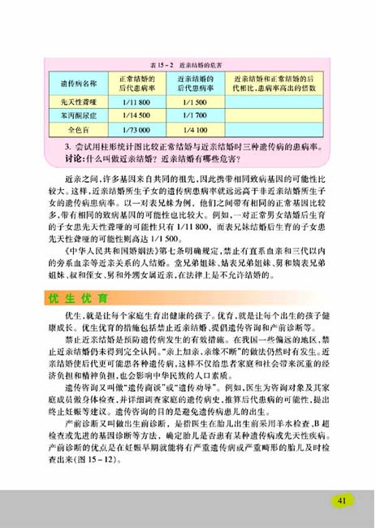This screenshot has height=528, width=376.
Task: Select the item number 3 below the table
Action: [x=66, y=146]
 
